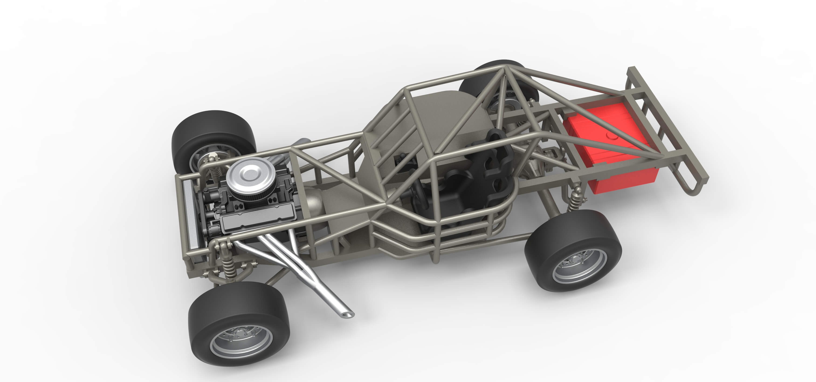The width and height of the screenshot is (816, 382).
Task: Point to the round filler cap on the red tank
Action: tap(611, 136)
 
